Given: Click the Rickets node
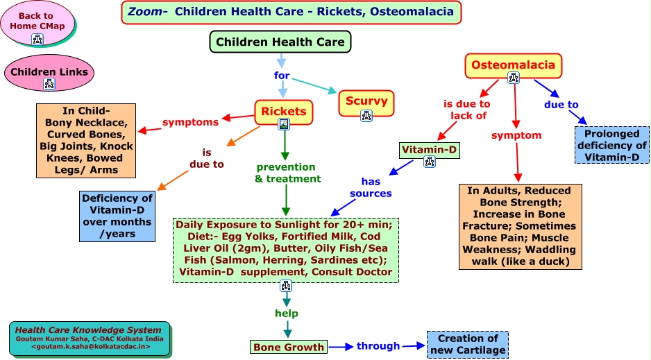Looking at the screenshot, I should (283, 111).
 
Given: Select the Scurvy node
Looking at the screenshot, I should (366, 102).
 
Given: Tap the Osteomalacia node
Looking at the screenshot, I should (513, 65).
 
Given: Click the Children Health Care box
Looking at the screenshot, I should (280, 42).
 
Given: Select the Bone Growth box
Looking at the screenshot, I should (288, 347).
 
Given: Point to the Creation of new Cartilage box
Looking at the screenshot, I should (467, 344).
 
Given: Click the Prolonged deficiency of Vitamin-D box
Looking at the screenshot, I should (611, 146).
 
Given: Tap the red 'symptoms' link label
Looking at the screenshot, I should (190, 122).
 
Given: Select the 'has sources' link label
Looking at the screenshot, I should (371, 187).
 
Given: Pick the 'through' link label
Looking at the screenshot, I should (378, 345).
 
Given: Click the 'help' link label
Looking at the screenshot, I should (286, 313).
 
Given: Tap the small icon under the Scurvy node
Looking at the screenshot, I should (366, 115).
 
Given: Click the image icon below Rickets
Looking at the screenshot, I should (283, 124).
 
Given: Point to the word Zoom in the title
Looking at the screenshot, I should (144, 12).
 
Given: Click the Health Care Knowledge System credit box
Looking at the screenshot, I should (90, 338).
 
